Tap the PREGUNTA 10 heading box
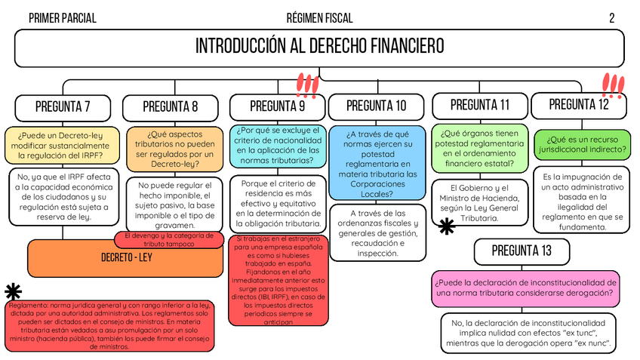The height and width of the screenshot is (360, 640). pyautogui.click(x=377, y=106)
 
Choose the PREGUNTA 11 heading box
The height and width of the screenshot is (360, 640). pyautogui.click(x=479, y=104)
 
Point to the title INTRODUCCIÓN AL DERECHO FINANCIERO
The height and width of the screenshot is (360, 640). pyautogui.click(x=319, y=47)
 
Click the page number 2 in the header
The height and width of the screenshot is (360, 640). pyautogui.click(x=612, y=18)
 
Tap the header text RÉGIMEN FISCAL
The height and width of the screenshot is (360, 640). pyautogui.click(x=319, y=18)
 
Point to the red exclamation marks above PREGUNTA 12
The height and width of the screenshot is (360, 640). pyautogui.click(x=613, y=86)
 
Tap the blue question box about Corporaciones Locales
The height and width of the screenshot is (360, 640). pyautogui.click(x=377, y=162)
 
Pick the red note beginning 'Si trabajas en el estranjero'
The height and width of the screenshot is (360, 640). pyautogui.click(x=279, y=279)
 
